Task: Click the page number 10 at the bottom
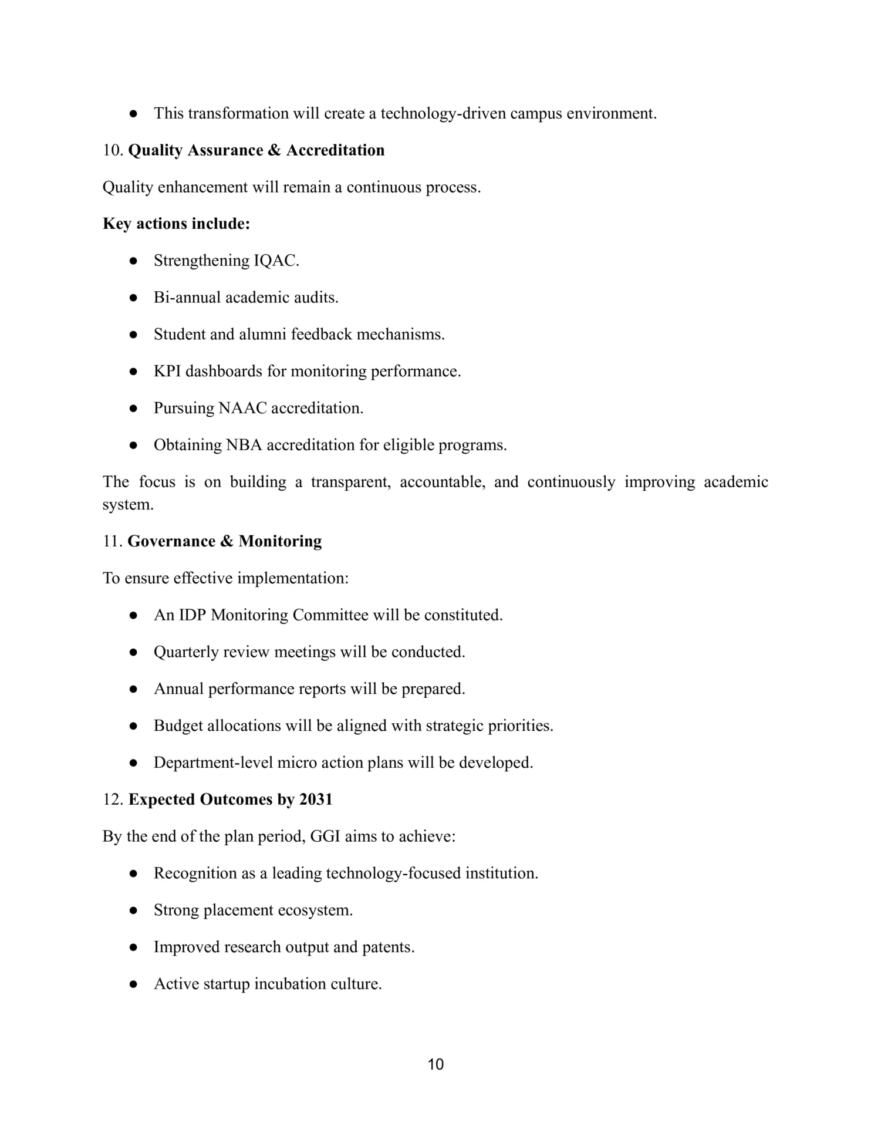(435, 1064)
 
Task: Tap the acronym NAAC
(242, 408)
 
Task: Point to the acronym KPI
(167, 371)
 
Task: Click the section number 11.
(112, 541)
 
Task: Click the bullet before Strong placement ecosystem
(134, 910)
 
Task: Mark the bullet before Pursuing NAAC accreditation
(134, 409)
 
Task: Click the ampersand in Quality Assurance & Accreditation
(274, 150)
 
